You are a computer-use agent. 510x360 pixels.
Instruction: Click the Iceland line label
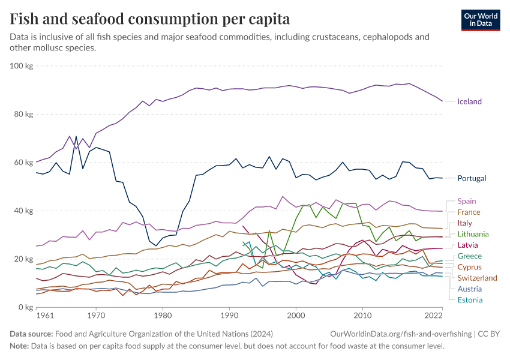(469, 101)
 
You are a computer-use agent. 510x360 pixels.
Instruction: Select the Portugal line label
(471, 178)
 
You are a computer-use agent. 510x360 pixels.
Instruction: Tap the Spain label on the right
(466, 201)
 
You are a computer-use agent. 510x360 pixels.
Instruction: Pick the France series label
(468, 212)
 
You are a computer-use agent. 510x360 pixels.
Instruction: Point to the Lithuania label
(473, 234)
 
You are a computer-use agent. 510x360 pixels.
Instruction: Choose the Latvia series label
(468, 245)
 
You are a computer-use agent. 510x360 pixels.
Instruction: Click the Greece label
(469, 256)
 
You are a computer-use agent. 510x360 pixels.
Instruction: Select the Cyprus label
(469, 267)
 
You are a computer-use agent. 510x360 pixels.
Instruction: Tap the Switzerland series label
(477, 278)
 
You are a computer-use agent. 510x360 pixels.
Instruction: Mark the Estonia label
(470, 300)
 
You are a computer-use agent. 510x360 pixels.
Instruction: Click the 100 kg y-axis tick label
(21, 65)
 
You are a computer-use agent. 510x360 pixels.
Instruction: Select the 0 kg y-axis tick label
(25, 307)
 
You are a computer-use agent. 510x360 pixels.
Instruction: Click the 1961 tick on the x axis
(44, 315)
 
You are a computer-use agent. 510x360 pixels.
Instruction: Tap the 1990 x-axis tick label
(229, 315)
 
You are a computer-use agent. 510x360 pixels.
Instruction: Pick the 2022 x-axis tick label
(434, 315)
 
